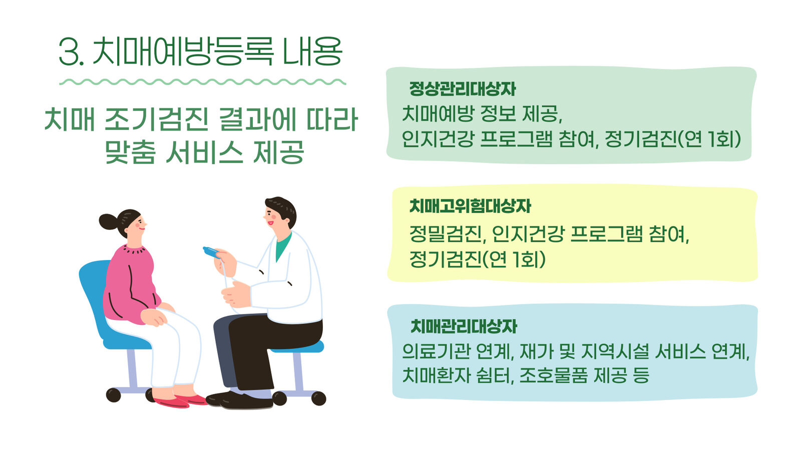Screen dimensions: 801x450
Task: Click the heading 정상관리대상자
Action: click(x=463, y=89)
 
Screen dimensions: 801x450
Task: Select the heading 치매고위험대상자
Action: click(x=470, y=206)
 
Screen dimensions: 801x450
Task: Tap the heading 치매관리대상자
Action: click(x=464, y=326)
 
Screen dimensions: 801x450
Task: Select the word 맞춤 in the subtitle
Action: click(x=131, y=152)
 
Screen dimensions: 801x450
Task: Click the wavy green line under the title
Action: click(x=202, y=82)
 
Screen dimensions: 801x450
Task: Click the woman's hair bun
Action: click(x=108, y=221)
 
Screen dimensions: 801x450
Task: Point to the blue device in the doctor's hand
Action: click(x=211, y=252)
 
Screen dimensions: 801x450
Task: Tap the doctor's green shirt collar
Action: click(x=282, y=246)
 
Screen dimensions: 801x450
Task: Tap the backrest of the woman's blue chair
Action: click(x=94, y=296)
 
